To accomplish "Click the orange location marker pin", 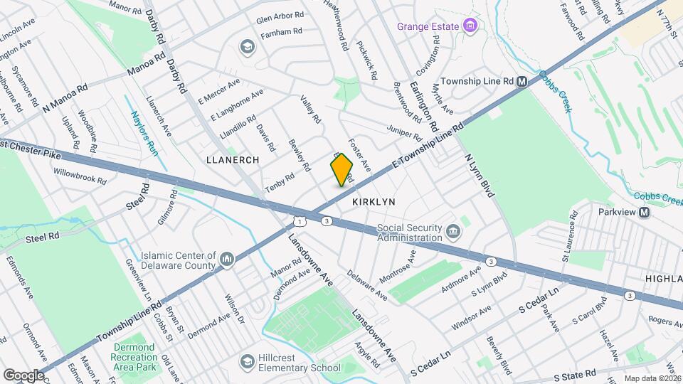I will pyautogui.click(x=341, y=170).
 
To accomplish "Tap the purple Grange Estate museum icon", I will pyautogui.click(x=469, y=26).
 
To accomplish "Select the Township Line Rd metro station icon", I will pyautogui.click(x=522, y=82).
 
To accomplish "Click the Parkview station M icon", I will pyautogui.click(x=644, y=213).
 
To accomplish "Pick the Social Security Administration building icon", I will pyautogui.click(x=452, y=233).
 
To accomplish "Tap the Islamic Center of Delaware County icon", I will pyautogui.click(x=227, y=260).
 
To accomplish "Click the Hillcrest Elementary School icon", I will pyautogui.click(x=247, y=362).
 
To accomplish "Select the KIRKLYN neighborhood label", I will pyautogui.click(x=374, y=202).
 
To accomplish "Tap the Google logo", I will pyautogui.click(x=23, y=375).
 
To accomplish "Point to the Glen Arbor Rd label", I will pyautogui.click(x=280, y=15).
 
